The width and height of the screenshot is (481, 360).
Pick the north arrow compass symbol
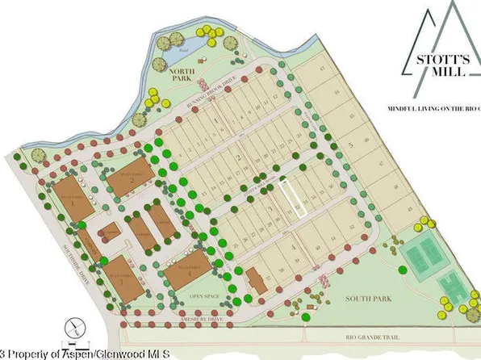coord(74,325)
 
